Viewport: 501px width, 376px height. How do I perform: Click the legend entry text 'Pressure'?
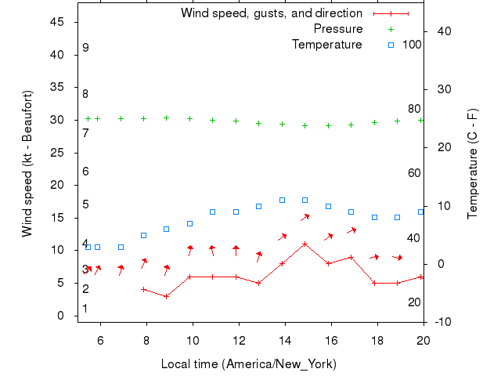tap(338, 29)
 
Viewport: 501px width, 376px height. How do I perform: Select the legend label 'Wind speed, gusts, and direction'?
tap(271, 13)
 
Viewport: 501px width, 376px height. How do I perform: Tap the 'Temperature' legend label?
tap(326, 45)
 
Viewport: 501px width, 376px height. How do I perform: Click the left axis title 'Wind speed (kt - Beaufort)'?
tap(27, 163)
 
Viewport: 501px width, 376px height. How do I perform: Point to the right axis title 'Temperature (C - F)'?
tap(473, 163)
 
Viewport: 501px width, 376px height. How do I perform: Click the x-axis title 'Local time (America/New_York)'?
tap(248, 364)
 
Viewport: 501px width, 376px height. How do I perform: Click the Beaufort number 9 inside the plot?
tap(85, 48)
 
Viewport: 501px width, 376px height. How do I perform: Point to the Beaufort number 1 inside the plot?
tap(85, 309)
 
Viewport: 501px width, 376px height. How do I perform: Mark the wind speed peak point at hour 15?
tap(305, 244)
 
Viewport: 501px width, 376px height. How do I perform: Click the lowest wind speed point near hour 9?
tap(166, 296)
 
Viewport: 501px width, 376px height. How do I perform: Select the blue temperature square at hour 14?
tap(282, 201)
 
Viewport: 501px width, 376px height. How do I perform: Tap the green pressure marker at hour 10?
tap(189, 118)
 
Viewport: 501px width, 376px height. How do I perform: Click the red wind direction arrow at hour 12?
tap(236, 251)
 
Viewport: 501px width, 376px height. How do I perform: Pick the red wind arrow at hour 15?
tap(305, 217)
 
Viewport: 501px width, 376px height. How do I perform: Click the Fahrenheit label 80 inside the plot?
tap(413, 109)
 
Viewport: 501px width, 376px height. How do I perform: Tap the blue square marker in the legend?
tap(391, 45)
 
